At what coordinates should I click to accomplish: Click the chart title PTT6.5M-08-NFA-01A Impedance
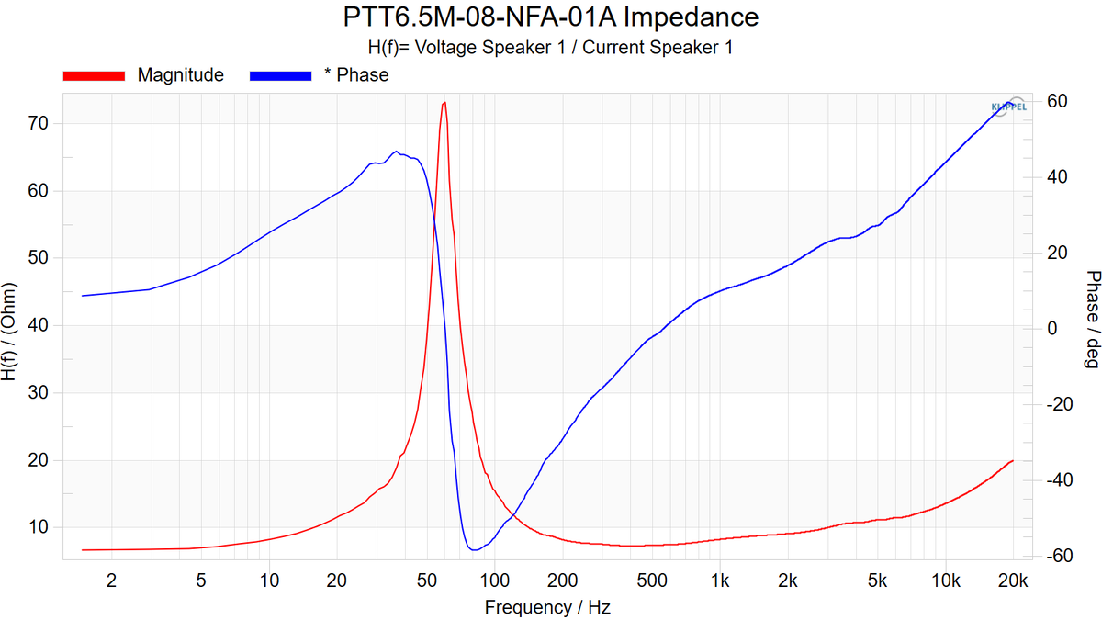point(551,17)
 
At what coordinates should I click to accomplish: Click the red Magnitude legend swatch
point(93,75)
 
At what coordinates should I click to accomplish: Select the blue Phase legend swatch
point(279,75)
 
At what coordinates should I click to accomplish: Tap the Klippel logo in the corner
point(1007,107)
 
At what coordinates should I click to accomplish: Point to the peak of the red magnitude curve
point(444,103)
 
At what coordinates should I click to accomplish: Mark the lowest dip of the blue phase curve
point(473,549)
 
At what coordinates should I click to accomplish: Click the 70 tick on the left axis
point(38,123)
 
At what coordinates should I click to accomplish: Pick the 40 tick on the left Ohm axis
point(38,325)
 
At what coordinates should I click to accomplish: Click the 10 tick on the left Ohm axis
point(38,527)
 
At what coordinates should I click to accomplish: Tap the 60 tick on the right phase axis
point(1055,100)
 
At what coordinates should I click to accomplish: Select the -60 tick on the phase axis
point(1052,556)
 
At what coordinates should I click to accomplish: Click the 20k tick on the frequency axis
point(1013,580)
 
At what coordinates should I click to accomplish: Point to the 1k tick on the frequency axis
point(720,580)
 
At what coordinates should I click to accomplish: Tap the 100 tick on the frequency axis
point(495,580)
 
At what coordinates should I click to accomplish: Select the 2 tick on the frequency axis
point(112,580)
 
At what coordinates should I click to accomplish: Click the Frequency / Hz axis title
point(547,607)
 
